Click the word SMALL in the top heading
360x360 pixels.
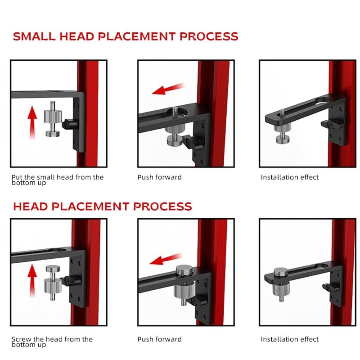point(34,36)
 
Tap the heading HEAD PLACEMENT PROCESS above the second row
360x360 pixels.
point(103,207)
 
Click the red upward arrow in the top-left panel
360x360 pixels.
point(32,122)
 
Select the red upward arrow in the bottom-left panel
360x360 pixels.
point(32,280)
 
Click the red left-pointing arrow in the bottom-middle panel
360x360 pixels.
point(166,259)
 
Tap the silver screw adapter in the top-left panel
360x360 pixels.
point(53,119)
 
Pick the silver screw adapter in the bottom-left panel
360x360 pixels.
point(53,283)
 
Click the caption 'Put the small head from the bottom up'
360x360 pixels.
point(58,180)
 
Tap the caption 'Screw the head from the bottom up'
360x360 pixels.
point(52,342)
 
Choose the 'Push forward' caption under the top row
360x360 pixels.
point(160,177)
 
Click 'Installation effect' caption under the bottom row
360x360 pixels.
point(289,339)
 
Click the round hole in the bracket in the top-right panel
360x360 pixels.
point(323,100)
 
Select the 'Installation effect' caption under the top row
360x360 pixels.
point(289,177)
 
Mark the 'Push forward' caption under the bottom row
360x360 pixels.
point(160,339)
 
